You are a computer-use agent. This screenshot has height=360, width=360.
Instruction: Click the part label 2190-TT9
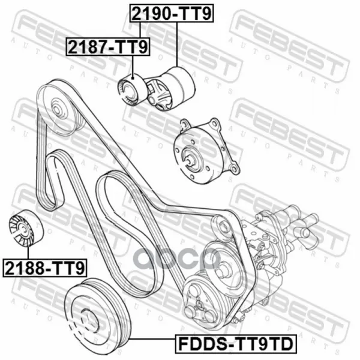(x=172, y=13)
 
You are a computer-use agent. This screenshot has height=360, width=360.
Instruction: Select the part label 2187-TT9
(x=108, y=47)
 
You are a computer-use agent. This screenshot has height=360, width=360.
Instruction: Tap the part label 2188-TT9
(x=45, y=268)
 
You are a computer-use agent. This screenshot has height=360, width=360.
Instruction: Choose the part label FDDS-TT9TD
(x=236, y=344)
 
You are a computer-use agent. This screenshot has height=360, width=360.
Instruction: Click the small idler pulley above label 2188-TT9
(x=26, y=228)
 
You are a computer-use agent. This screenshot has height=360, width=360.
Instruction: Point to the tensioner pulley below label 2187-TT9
(x=132, y=89)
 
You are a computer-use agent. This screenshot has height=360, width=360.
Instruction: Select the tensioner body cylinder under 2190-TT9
(x=179, y=85)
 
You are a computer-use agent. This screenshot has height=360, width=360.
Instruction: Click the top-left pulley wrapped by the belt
(x=61, y=107)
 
